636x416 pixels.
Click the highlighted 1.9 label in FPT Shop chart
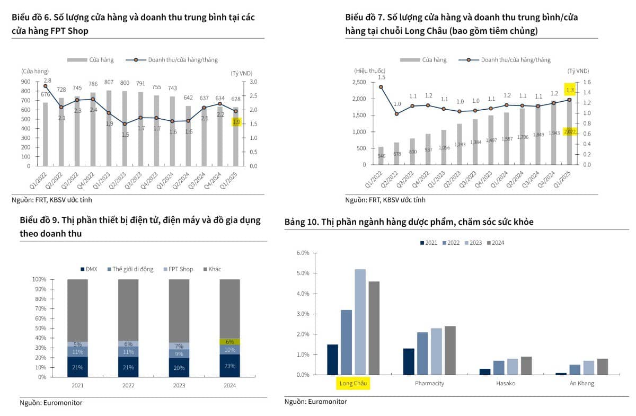click(236, 122)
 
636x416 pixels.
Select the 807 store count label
click(109, 82)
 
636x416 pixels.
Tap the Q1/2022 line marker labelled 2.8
click(46, 86)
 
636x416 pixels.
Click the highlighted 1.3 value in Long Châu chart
click(570, 90)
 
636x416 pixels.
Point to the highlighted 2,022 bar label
click(570, 131)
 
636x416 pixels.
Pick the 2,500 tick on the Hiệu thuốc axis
click(359, 82)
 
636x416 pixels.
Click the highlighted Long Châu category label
click(354, 383)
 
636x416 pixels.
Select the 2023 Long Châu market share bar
click(360, 322)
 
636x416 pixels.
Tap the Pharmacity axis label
click(429, 383)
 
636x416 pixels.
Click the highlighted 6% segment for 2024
click(229, 342)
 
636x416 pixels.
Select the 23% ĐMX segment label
click(229, 365)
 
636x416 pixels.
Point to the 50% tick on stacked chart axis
click(39, 328)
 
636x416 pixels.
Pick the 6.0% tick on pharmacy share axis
click(301, 253)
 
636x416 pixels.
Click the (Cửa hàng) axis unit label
click(35, 71)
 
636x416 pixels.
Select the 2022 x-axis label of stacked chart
click(128, 386)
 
